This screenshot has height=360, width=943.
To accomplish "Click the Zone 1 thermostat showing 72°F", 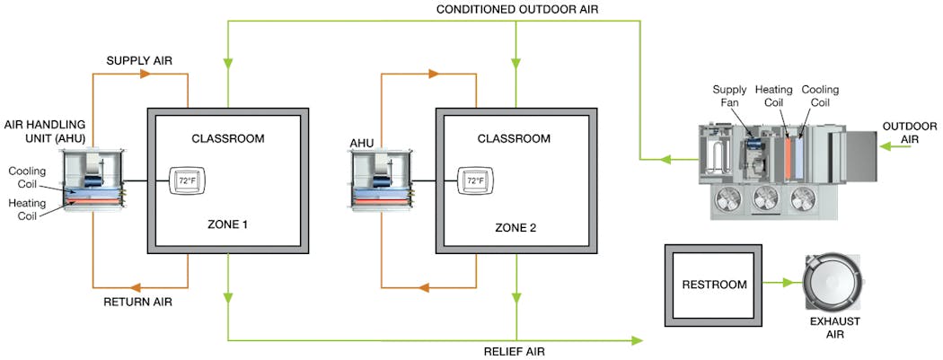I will pos(186,180).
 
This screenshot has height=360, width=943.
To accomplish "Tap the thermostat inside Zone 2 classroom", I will pos(474,180).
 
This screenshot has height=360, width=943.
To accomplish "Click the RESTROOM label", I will pos(716,285).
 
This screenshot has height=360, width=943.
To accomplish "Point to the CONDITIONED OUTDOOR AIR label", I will pos(516,9).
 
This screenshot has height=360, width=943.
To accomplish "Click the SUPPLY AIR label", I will pos(140,60).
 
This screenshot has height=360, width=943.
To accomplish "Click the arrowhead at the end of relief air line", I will pos(637,340).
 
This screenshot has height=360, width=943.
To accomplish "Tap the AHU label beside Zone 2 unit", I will pos(362,141).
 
